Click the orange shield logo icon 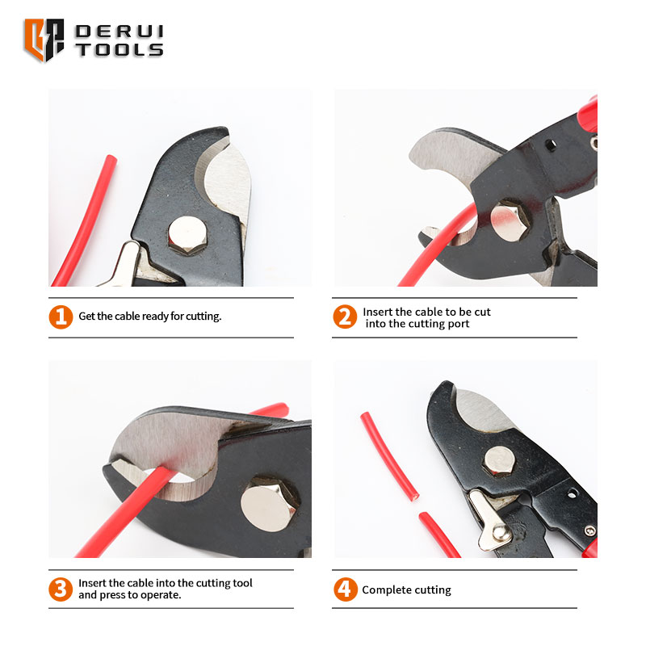[44, 40]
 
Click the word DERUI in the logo [120, 31]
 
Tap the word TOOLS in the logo [120, 50]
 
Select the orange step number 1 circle [61, 317]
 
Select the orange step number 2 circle [345, 317]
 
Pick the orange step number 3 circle [61, 589]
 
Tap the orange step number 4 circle [346, 589]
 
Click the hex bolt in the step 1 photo [187, 235]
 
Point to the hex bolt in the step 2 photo [510, 221]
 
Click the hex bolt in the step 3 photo [270, 504]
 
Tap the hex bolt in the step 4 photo [499, 461]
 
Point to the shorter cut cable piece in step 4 [439, 535]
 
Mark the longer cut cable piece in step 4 [389, 455]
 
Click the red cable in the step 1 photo [85, 220]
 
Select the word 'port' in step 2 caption [458, 324]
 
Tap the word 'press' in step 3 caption [112, 595]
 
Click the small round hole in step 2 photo [551, 145]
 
